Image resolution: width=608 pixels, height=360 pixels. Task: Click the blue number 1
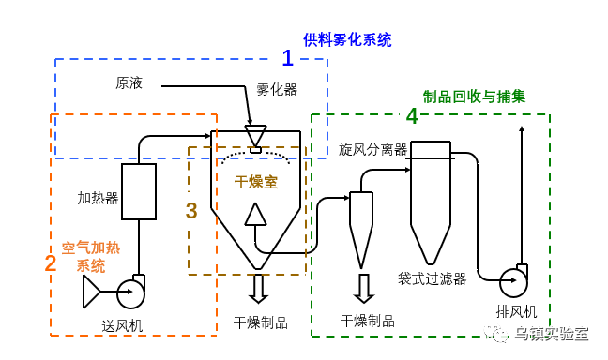pos(287,58)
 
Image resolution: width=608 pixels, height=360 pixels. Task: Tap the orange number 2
pos(51,263)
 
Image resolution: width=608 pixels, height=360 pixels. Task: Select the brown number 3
pos(191,211)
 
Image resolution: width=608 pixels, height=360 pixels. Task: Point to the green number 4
pos(412,116)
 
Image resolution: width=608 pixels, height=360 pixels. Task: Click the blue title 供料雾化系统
pos(347,40)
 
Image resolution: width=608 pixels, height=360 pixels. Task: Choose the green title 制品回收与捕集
pos(474,97)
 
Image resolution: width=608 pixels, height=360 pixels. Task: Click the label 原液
pos(129,83)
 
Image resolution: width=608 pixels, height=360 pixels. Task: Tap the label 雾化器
pos(277,90)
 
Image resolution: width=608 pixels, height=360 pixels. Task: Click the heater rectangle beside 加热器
pos(139,191)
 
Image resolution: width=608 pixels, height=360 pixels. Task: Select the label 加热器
pos(98,198)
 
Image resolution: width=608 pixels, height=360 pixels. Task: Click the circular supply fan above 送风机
pos(130,293)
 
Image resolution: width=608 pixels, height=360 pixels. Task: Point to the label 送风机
pos(122,325)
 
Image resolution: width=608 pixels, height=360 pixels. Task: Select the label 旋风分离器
pos(372,149)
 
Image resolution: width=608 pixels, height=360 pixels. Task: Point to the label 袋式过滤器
pos(432,278)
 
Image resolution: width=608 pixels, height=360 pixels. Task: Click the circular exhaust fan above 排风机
pos(513,282)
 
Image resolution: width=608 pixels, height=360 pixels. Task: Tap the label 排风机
pos(516,311)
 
